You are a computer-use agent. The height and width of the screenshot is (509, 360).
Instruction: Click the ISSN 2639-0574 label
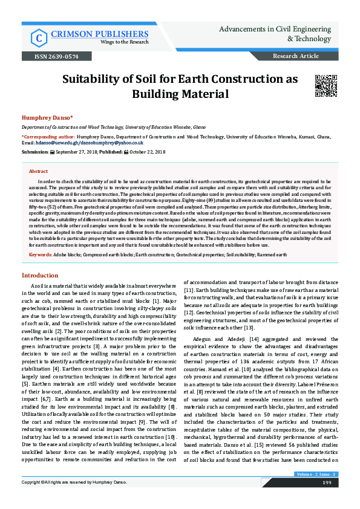coord(57,56)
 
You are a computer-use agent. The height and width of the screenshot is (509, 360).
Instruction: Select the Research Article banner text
coord(296,56)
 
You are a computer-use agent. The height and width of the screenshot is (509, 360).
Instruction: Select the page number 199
coord(327,499)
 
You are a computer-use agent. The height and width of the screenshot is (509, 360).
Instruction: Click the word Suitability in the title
coord(97,80)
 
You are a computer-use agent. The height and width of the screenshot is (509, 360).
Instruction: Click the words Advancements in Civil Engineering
coord(278,29)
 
